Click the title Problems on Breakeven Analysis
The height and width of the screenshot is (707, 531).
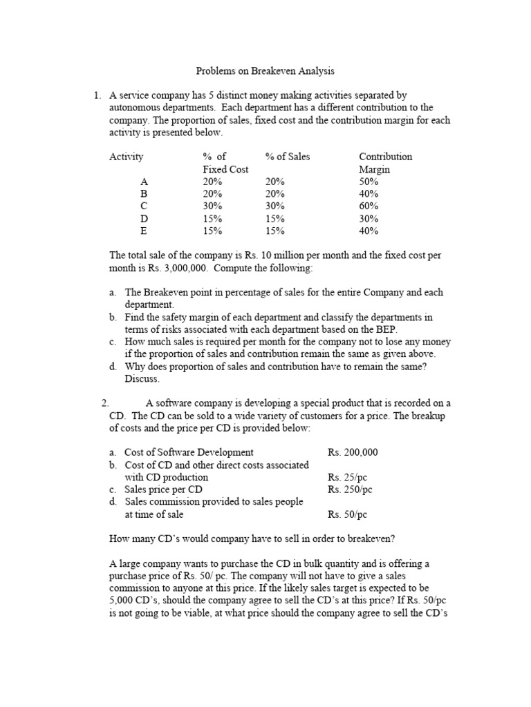click(265, 70)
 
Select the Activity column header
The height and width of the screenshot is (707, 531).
click(127, 157)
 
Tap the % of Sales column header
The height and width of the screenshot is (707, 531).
click(288, 157)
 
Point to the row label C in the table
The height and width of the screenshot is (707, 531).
click(144, 206)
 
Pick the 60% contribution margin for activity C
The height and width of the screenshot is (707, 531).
click(369, 206)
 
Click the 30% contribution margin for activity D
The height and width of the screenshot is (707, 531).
click(369, 219)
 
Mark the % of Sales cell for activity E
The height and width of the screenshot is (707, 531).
click(274, 231)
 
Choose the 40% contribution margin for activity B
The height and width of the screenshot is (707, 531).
click(369, 194)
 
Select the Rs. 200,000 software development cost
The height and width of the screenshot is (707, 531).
click(353, 452)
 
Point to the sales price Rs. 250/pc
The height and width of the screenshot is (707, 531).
click(350, 490)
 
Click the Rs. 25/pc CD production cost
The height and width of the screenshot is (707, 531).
click(347, 477)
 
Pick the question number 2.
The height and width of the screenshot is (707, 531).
click(104, 403)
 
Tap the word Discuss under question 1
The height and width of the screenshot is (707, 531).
click(142, 379)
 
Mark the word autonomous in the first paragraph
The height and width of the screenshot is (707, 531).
click(134, 107)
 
